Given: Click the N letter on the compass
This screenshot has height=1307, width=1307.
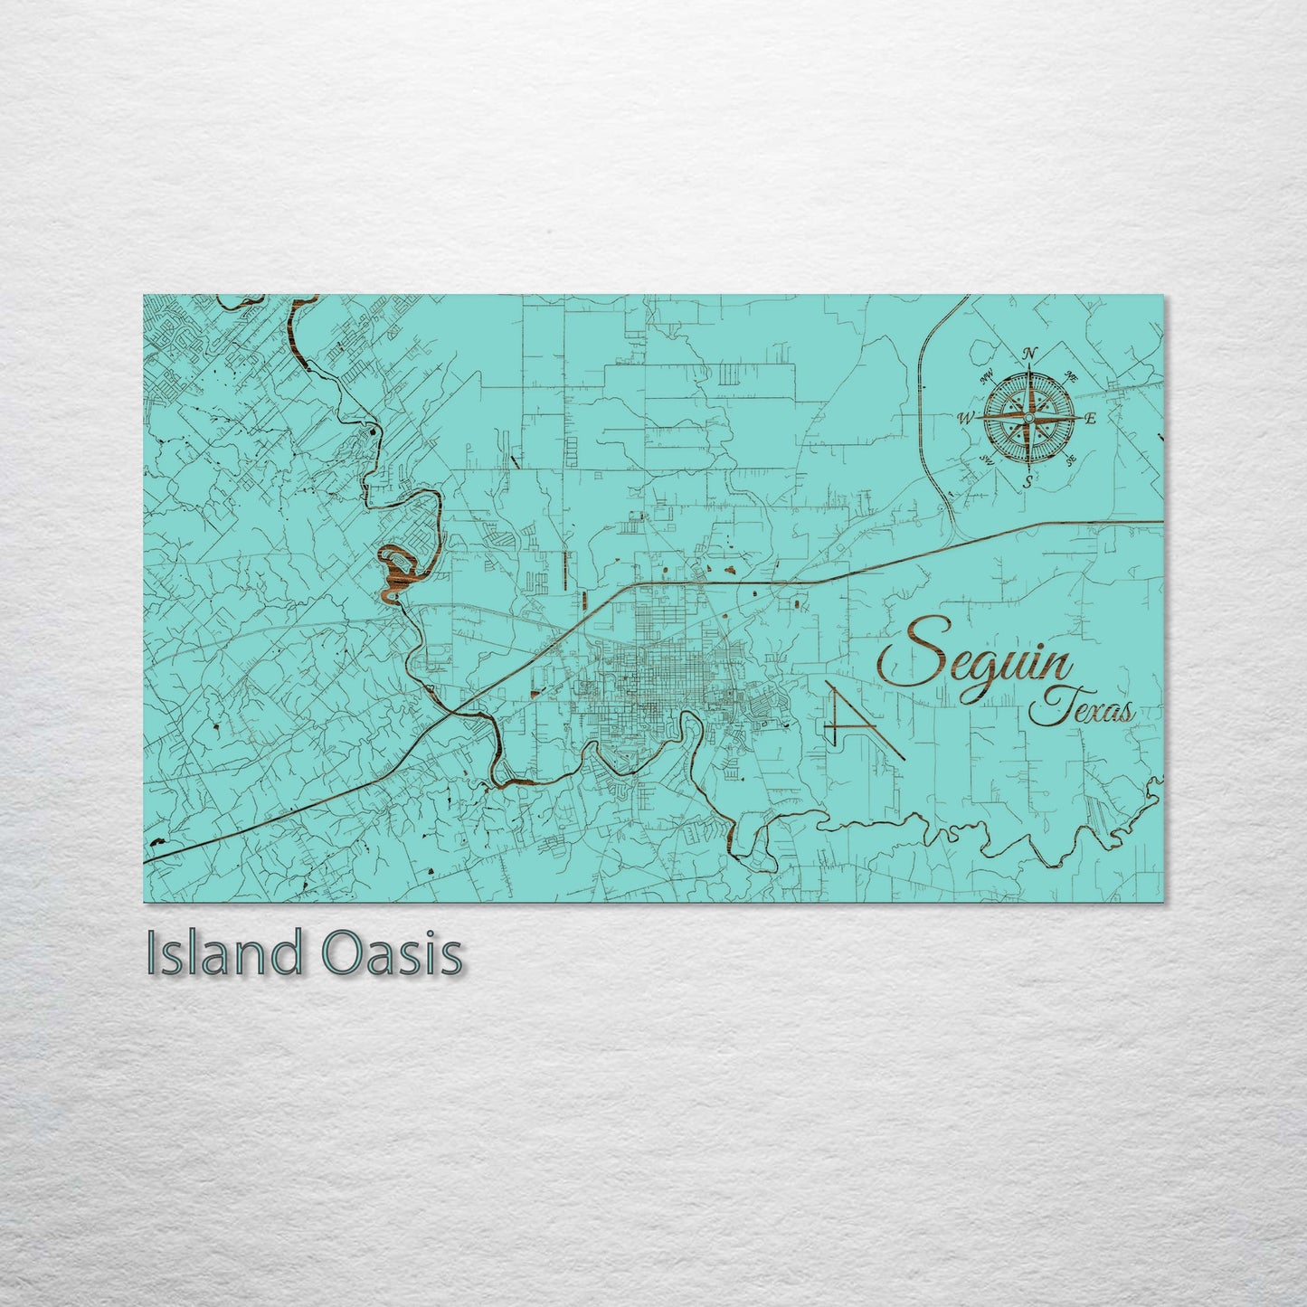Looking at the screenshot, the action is point(1028,354).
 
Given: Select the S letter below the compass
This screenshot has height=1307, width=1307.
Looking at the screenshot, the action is point(1028,482).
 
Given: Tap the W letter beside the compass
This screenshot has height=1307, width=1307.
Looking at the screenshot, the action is point(965,419).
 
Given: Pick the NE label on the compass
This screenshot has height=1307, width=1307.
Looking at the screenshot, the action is point(1072,376).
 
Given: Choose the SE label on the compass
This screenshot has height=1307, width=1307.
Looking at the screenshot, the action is point(1071,460).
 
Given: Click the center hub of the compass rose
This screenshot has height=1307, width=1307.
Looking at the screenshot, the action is point(1028,418).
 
